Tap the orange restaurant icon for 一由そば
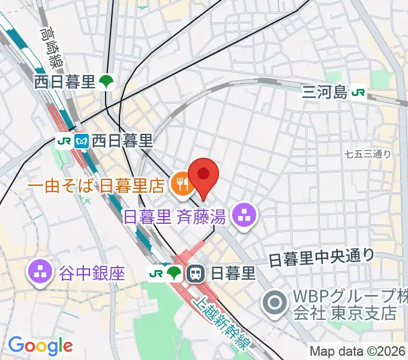[179, 184]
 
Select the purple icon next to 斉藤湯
[244, 216]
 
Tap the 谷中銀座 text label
[92, 274]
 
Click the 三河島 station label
[325, 92]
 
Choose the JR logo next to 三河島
[359, 92]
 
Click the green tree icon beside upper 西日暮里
[107, 82]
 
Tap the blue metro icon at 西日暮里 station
[82, 142]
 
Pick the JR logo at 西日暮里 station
[63, 142]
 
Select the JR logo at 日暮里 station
[156, 274]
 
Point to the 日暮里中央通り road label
[321, 258]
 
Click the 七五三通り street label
[368, 154]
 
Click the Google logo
[40, 345]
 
